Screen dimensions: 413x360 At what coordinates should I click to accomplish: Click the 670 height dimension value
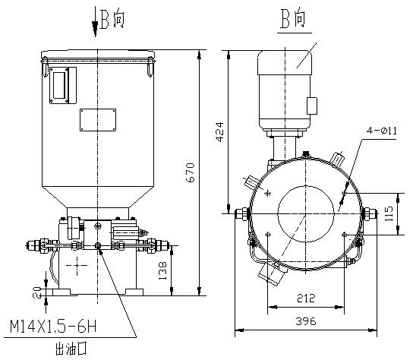190,172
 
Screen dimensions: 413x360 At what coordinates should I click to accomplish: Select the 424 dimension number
219,131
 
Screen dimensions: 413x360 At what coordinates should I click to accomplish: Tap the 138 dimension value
163,271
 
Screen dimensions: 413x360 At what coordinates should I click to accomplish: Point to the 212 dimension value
306,298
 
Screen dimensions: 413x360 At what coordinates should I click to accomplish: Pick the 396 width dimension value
305,321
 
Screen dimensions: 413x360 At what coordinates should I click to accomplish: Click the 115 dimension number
389,213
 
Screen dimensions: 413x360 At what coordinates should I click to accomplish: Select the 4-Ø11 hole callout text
382,131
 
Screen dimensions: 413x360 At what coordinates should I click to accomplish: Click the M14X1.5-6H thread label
53,326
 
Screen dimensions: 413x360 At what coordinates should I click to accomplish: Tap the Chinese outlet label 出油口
71,349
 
